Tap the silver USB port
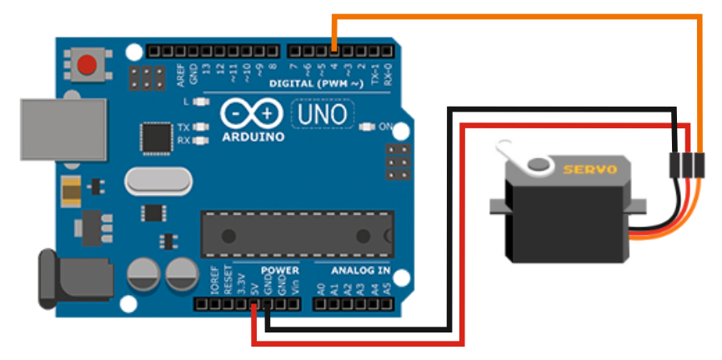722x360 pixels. [x=63, y=130]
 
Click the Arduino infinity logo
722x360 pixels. [x=253, y=113]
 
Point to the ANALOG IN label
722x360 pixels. [x=360, y=271]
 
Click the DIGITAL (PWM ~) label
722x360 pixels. [x=317, y=84]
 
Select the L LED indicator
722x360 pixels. [x=199, y=102]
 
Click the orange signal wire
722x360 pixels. [x=517, y=17]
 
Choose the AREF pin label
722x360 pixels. [x=178, y=74]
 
